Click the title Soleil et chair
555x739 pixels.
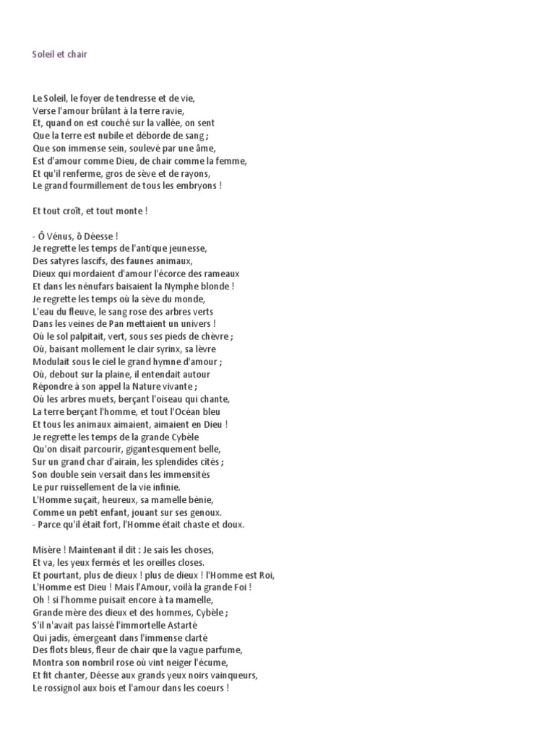[60, 54]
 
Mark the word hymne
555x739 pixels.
[158, 362]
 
